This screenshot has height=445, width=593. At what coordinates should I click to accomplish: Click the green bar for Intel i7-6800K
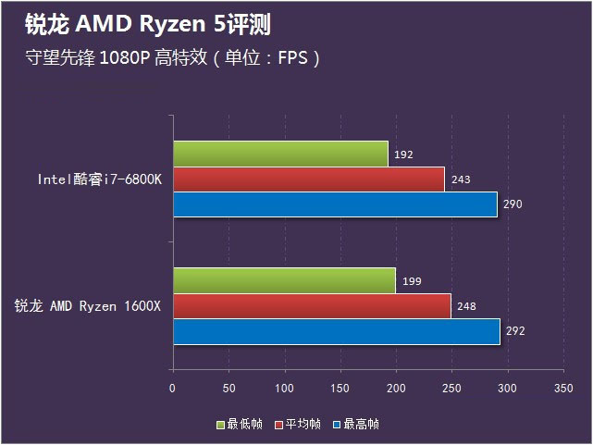click(280, 154)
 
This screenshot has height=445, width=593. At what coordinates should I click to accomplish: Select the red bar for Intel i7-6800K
click(308, 179)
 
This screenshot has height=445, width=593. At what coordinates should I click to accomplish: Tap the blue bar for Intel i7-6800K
click(335, 204)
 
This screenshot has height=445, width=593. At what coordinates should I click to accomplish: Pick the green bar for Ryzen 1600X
click(284, 280)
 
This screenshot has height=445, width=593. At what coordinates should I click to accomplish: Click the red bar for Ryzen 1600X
click(312, 305)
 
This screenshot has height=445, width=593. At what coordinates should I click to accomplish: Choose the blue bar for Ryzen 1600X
click(336, 331)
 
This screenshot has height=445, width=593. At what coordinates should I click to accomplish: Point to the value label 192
click(403, 155)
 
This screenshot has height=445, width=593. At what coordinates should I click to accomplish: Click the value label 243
click(460, 179)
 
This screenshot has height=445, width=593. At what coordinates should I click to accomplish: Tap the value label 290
click(513, 204)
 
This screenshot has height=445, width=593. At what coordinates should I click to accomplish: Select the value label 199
click(411, 281)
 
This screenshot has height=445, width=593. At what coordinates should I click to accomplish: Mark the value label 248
click(466, 306)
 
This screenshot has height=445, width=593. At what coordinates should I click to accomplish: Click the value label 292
click(515, 330)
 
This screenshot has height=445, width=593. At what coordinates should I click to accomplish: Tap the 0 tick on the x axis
click(173, 389)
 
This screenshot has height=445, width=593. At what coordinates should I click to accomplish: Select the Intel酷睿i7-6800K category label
click(100, 179)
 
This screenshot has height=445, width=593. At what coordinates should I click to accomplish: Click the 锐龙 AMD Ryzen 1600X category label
click(88, 306)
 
